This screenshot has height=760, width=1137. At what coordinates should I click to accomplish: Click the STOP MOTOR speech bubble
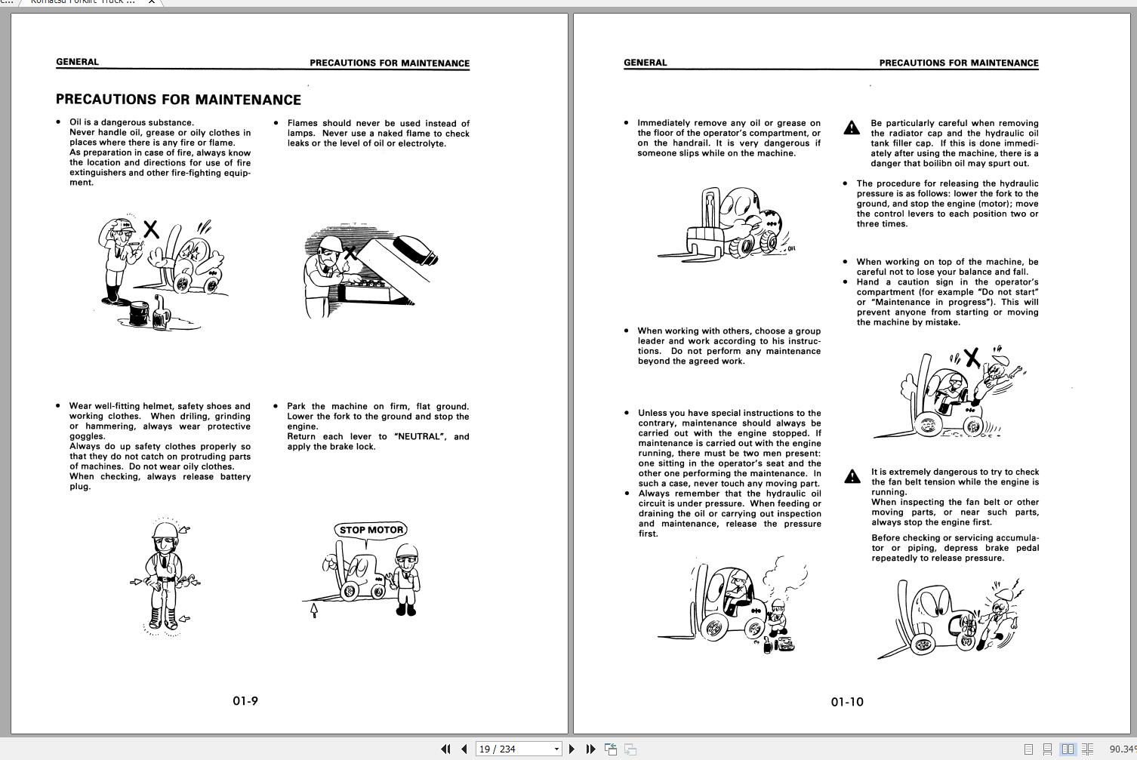pos(371,530)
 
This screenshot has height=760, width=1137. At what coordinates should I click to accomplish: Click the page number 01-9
pos(245,701)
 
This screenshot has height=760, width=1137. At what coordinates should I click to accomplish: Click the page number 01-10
pos(846,702)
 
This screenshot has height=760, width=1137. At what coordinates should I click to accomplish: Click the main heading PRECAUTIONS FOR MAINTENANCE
pos(178,100)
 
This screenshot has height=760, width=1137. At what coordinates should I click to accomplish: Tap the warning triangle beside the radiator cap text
pos(852,128)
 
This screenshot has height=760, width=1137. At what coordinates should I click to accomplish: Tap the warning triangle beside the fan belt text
pos(852,476)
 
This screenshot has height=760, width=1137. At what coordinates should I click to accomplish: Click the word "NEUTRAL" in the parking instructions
pos(419,436)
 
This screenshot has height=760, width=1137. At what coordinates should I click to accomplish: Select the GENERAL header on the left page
pos(77,62)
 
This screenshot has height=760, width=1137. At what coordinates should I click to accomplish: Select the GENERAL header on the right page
pos(645,63)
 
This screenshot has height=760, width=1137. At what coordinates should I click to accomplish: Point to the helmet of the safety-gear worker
pos(164,531)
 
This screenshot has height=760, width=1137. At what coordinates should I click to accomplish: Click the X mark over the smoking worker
pos(151,229)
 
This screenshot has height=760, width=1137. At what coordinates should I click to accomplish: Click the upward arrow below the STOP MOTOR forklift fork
pos(314,610)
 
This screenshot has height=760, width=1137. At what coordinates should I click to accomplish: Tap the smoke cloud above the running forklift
pos(785,577)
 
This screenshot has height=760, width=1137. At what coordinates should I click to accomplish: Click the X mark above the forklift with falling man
pos(972,357)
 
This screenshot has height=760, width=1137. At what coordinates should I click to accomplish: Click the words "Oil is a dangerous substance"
pos(131,122)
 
